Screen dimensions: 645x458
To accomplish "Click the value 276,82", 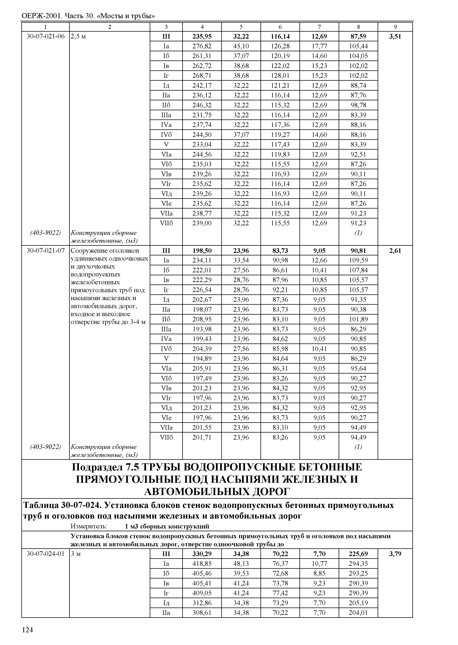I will [x=202, y=46].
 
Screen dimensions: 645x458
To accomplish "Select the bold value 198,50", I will [x=202, y=250].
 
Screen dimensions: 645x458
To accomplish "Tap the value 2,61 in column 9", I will [x=395, y=250].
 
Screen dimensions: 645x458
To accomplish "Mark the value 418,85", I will [x=202, y=564].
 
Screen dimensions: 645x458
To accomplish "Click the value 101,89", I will [x=358, y=319].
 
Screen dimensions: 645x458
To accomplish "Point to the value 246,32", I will [x=202, y=105].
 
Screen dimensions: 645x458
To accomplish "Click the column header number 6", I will [x=280, y=27].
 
